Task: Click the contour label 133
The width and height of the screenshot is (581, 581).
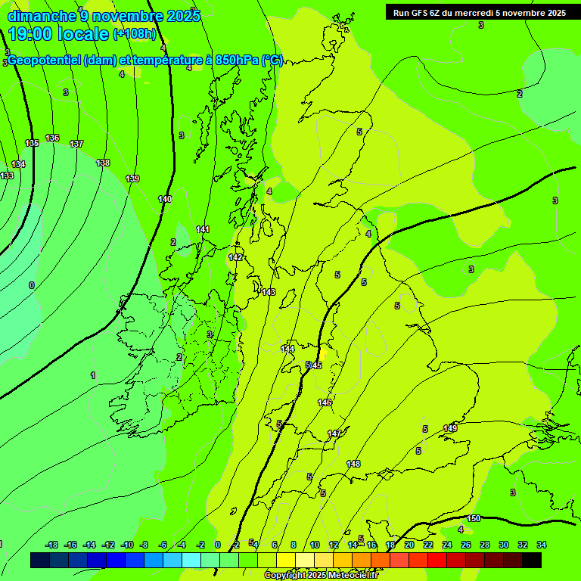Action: tap(7, 176)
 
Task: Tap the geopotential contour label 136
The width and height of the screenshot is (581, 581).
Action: tap(52, 138)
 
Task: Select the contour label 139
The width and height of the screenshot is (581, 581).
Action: tap(132, 179)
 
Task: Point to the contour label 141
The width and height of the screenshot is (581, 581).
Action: tap(203, 229)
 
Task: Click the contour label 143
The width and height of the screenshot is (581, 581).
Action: tap(269, 292)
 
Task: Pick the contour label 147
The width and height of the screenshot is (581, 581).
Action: tap(334, 433)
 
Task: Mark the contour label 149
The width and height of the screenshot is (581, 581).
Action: tap(450, 428)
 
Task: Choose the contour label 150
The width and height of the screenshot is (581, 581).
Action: tap(474, 518)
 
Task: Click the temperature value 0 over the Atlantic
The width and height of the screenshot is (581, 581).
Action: tap(32, 285)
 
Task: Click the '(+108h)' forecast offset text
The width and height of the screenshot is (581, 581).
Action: tap(135, 34)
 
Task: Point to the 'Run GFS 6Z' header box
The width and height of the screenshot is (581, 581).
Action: tap(479, 13)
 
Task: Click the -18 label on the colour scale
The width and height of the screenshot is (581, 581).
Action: tap(52, 545)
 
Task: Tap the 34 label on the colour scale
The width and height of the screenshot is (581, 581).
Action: tap(541, 545)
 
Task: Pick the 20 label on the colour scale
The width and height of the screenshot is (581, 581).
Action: tap(409, 545)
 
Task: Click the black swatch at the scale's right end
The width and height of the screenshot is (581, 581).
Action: tap(532, 560)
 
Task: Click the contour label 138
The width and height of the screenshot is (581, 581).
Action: tap(103, 163)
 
